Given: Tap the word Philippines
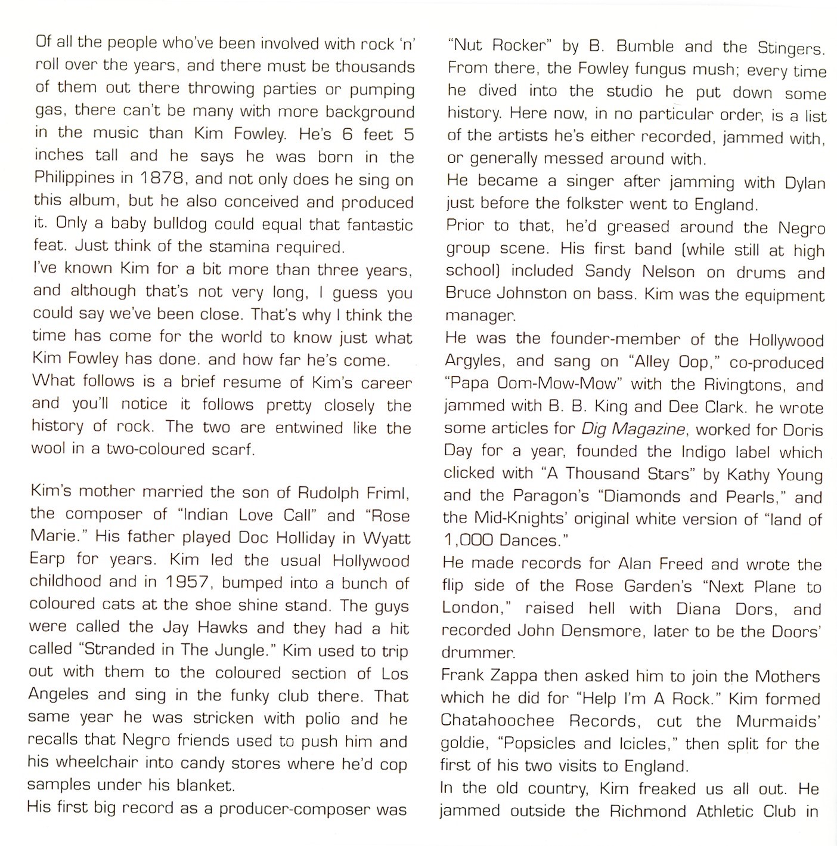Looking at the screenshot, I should [x=74, y=178].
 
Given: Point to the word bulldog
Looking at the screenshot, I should [x=175, y=225].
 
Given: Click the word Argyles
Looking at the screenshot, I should [x=476, y=362].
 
